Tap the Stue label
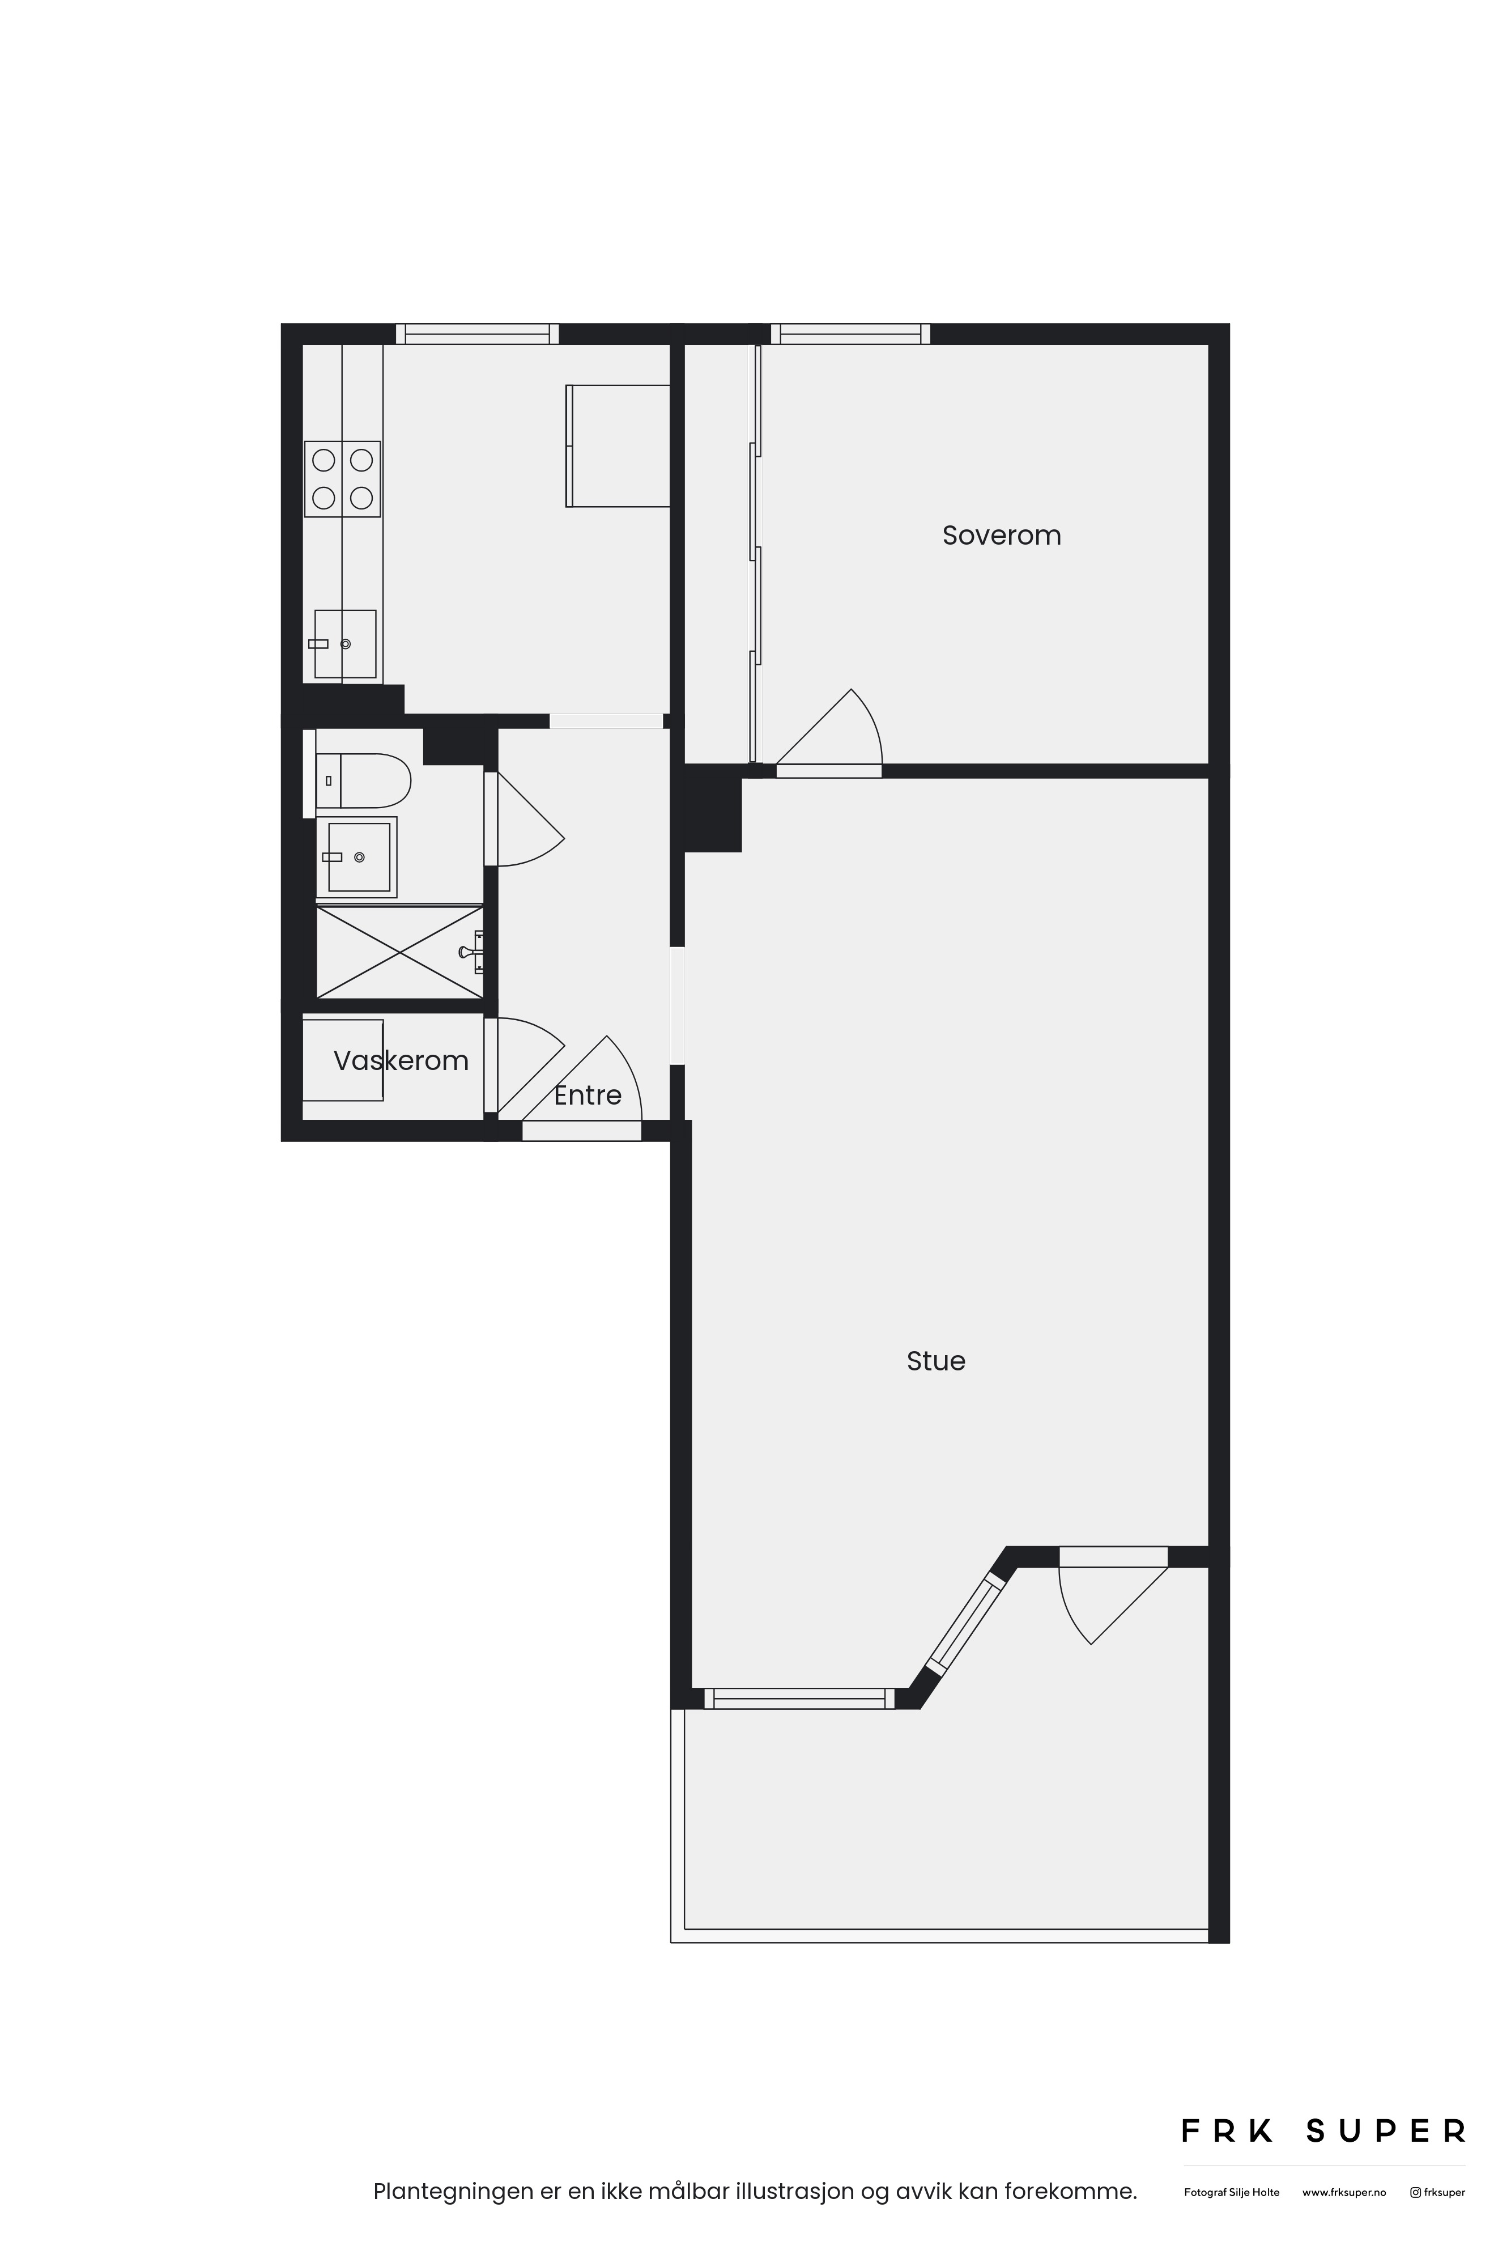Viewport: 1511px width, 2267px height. coord(936,1360)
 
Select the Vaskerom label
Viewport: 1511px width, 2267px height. coord(401,1060)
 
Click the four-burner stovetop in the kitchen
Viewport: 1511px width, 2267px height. coord(342,479)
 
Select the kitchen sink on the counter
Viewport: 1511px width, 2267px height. coord(344,644)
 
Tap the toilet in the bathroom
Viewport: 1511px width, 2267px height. coord(363,781)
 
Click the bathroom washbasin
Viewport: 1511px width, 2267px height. coord(356,857)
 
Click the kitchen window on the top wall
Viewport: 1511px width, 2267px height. coord(477,333)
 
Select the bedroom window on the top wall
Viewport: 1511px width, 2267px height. coord(851,333)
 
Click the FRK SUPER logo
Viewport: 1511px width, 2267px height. coord(1324,2131)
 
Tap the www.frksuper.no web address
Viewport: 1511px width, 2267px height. coord(1344,2193)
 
